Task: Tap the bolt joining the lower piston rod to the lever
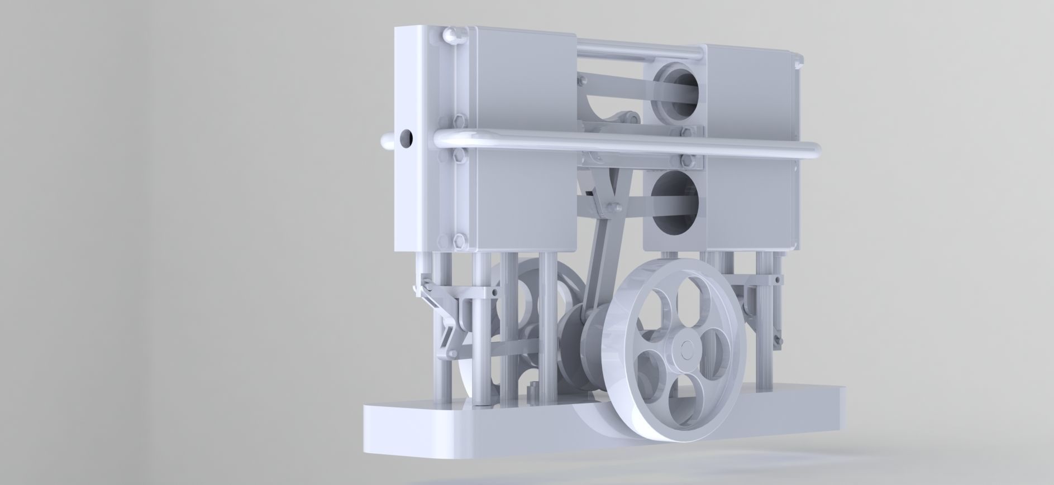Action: click(x=613, y=207)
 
